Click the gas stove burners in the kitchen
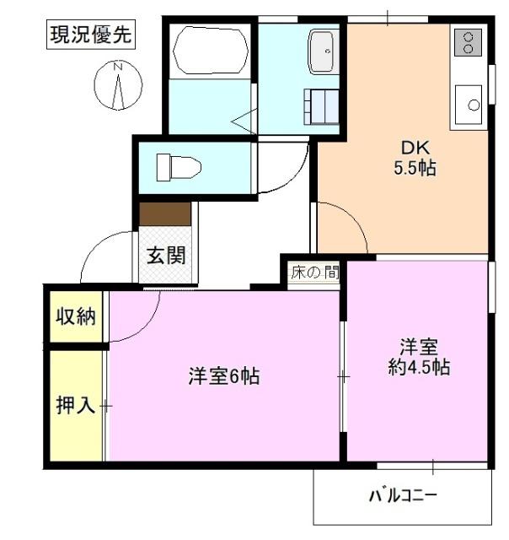[x=467, y=42]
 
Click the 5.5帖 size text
[x=414, y=168]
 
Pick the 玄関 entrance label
[x=167, y=256]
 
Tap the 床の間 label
[x=314, y=273]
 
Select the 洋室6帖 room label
[x=223, y=376]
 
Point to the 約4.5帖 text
[x=419, y=367]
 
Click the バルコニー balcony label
[x=402, y=495]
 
